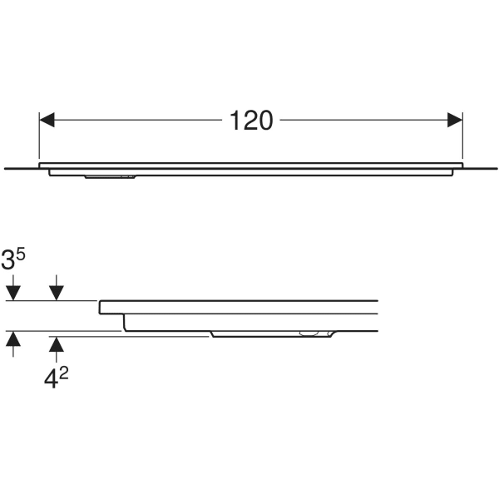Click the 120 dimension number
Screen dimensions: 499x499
pos(251,121)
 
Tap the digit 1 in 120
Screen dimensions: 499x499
pos(235,121)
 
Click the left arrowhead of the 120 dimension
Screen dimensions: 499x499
pos(47,120)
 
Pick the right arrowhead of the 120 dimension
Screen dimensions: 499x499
pos(455,120)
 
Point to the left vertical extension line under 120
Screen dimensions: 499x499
pos(39,136)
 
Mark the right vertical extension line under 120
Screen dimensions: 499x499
pos(462,136)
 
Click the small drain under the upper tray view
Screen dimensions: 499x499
pos(111,176)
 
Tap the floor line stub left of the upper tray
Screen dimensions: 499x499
pos(22,168)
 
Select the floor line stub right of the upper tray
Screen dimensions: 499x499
pos(480,168)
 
